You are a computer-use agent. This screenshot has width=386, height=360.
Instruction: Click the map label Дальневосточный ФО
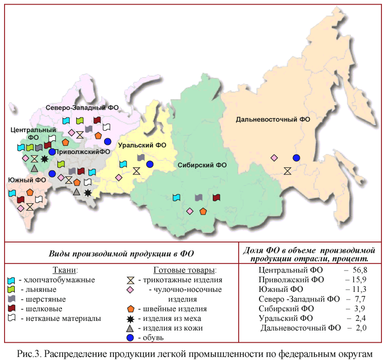coord(273,119)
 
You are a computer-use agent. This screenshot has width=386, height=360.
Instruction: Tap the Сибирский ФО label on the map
coord(202,165)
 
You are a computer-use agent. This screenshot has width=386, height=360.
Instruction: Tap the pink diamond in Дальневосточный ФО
coord(274,158)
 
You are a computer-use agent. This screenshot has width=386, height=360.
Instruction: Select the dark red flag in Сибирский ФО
coord(216,197)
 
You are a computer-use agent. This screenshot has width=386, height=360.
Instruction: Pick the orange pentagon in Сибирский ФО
coord(203,211)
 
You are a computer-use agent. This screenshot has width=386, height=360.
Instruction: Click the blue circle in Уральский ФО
coord(149,164)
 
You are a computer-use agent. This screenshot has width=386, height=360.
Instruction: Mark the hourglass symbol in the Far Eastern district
coord(287,171)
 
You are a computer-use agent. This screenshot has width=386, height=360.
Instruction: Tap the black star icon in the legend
coord(131,318)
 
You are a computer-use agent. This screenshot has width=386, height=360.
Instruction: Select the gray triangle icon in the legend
coord(131,328)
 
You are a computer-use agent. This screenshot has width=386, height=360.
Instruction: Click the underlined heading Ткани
coord(65,269)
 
